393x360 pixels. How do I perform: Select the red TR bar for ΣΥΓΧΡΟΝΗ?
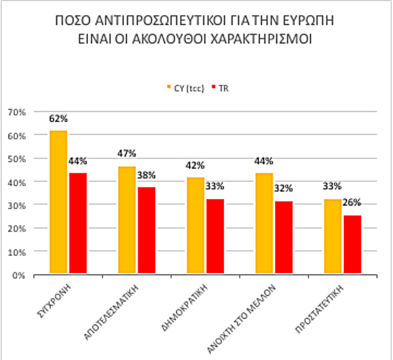(x=78, y=223)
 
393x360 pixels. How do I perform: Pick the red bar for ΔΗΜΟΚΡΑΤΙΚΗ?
(x=215, y=236)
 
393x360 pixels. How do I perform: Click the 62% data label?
(x=58, y=119)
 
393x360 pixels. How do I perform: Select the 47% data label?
(x=126, y=153)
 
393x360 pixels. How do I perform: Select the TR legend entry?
(x=221, y=87)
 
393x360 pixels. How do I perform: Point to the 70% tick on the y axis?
(x=16, y=112)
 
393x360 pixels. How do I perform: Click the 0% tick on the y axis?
(x=18, y=275)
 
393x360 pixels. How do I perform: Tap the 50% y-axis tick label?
(x=16, y=158)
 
